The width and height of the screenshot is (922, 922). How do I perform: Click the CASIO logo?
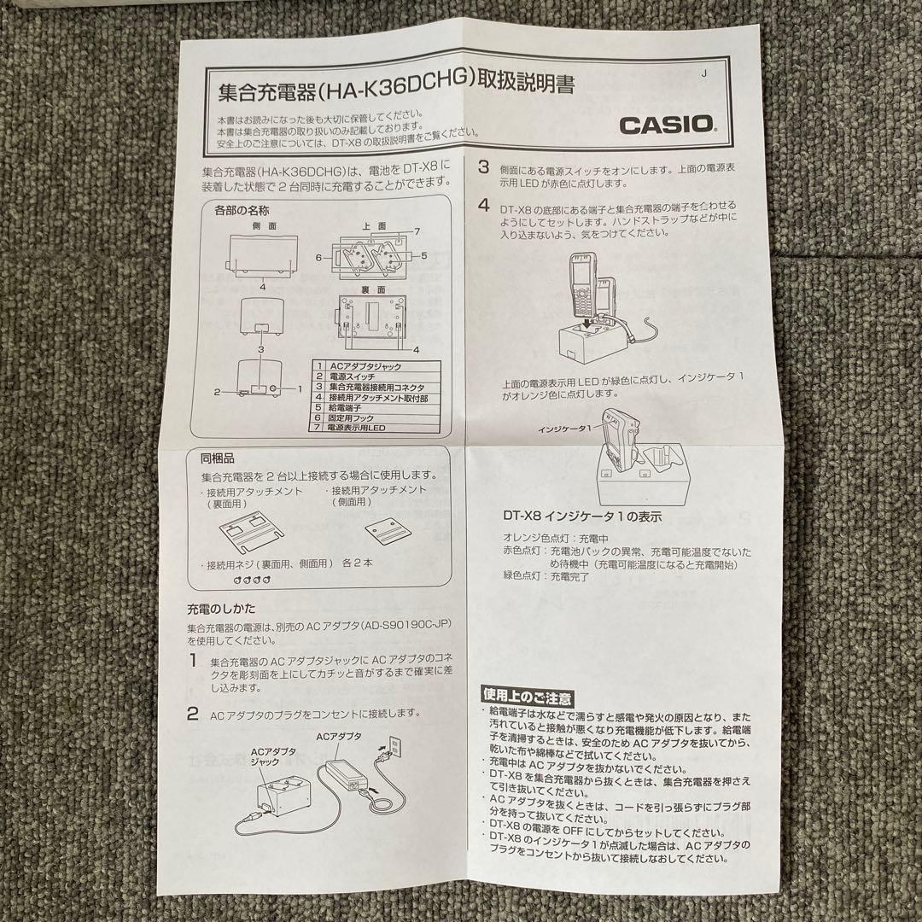667,124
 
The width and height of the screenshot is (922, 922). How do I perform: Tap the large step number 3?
482,168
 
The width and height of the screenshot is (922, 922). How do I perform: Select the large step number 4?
483,206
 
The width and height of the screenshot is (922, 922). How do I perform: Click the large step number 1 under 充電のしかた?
193,660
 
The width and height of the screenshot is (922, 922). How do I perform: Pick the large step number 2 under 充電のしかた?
193,712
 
